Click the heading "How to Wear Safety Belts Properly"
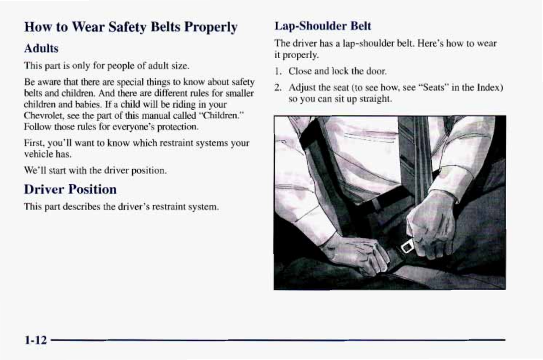131,27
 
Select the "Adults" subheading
41,48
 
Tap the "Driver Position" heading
70,189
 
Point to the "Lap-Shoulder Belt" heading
323,26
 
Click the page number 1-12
36,340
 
